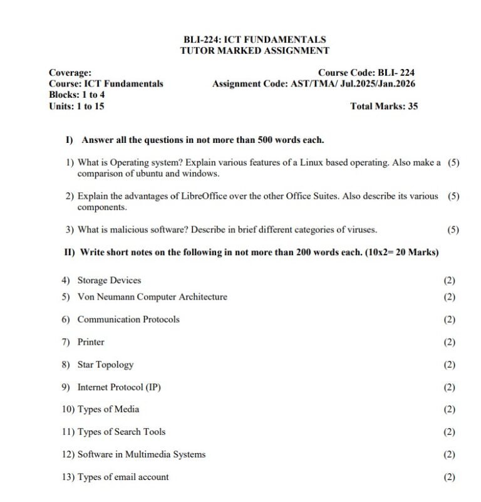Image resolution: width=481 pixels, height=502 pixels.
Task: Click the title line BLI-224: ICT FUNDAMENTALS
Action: [254, 39]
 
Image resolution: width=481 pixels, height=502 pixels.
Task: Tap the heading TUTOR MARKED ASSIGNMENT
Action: [254, 51]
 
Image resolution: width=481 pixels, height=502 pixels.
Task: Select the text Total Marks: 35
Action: [384, 107]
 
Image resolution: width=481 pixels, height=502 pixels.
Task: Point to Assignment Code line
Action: [313, 84]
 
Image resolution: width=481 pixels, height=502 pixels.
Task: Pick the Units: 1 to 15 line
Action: [76, 107]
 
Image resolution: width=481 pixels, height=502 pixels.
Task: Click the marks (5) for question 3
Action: [453, 230]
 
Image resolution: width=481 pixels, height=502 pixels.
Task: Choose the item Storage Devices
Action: [109, 280]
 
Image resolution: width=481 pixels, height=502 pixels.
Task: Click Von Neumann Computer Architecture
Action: [152, 297]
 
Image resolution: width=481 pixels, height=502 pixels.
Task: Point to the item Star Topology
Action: [105, 365]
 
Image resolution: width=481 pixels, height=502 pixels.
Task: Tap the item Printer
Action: [91, 342]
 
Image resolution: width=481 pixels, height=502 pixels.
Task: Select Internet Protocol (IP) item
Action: [119, 387]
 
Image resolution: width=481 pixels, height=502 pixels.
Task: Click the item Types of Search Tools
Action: [122, 432]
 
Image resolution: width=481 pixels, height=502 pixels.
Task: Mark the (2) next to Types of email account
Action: [449, 477]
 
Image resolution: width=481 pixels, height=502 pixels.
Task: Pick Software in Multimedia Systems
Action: [141, 454]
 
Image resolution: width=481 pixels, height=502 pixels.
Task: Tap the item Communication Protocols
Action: [128, 320]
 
